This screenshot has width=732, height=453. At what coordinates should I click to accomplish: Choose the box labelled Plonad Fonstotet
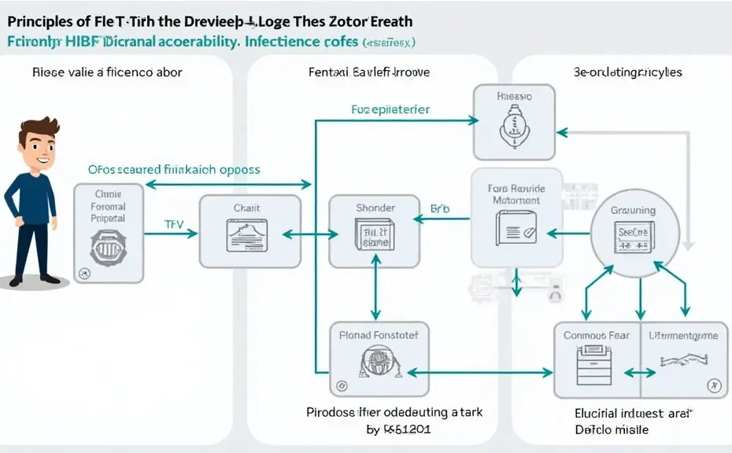click(x=379, y=359)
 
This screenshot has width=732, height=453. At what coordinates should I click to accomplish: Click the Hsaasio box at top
click(x=514, y=122)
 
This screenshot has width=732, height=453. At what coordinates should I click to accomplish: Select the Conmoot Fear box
click(x=597, y=360)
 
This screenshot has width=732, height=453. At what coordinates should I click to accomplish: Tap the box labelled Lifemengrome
click(x=682, y=360)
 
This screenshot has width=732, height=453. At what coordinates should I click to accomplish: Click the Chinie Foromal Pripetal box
click(x=109, y=234)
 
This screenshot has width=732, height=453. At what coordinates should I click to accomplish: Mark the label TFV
click(x=174, y=224)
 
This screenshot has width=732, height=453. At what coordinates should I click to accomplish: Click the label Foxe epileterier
click(x=390, y=109)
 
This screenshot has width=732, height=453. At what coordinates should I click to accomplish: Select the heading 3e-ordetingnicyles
click(x=627, y=72)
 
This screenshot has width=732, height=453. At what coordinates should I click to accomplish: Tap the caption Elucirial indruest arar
click(x=627, y=412)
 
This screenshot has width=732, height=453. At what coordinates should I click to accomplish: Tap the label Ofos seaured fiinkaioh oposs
click(x=173, y=169)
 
